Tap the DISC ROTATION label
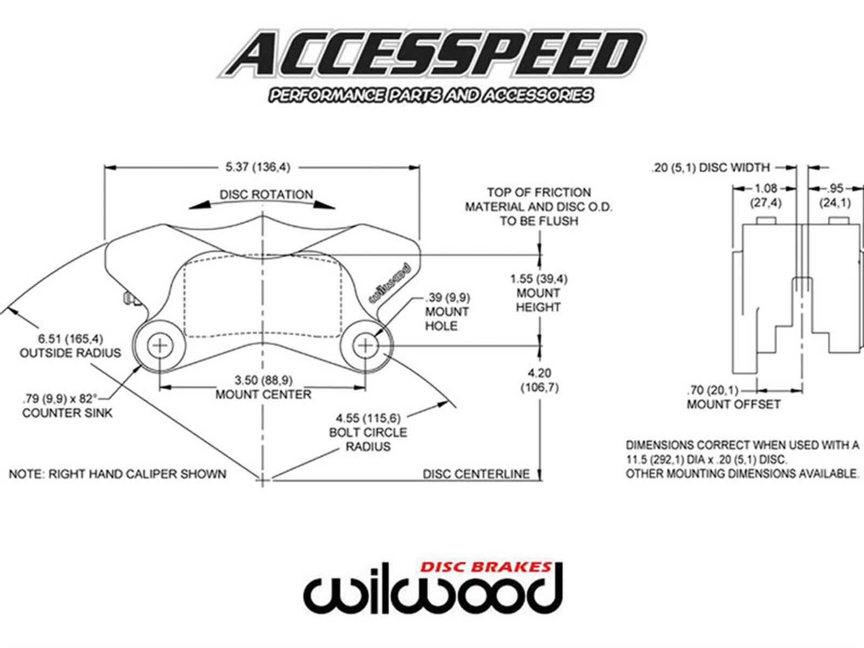tap(266, 194)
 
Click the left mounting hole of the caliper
tap(160, 345)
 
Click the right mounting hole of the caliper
tap(366, 345)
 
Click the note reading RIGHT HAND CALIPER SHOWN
tap(118, 474)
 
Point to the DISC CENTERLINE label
tap(476, 474)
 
